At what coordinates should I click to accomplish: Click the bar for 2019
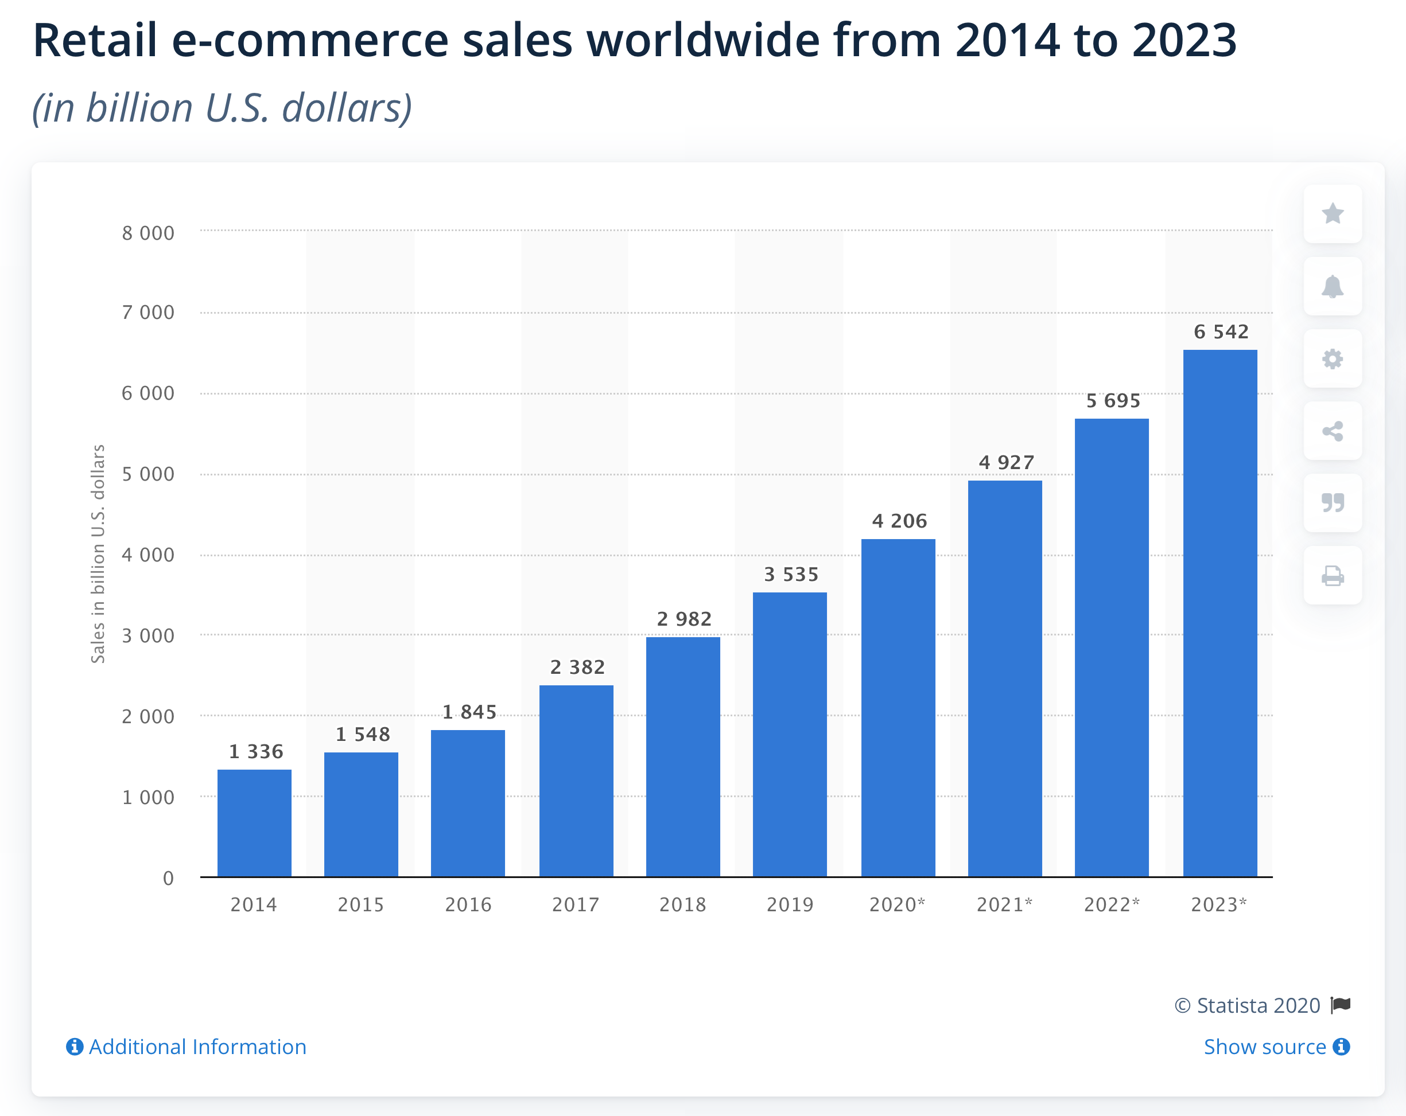790,734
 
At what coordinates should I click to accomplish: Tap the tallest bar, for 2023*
1219,612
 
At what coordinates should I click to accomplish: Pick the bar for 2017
576,781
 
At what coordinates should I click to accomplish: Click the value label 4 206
899,521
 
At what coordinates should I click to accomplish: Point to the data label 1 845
469,712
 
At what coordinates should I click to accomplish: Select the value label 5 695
1113,400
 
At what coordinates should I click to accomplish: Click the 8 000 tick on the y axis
148,233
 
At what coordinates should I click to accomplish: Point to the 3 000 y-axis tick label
148,635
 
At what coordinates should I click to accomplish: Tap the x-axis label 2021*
1004,904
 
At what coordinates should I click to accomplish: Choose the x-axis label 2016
468,904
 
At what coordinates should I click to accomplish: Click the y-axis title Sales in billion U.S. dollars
98,553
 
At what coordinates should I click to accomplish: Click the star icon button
1333,213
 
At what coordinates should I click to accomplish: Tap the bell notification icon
1333,286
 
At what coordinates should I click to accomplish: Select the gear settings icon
1333,358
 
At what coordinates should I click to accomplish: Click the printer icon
1333,576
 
